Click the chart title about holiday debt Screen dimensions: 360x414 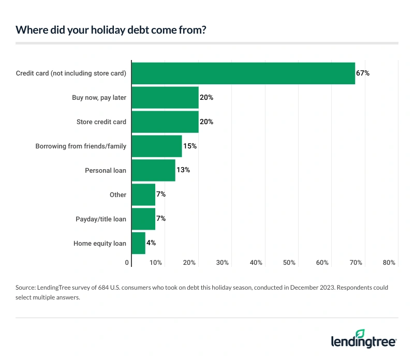pyautogui.click(x=111, y=29)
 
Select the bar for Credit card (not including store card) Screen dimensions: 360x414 pyautogui.click(x=243, y=73)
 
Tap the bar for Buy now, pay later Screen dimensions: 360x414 pyautogui.click(x=165, y=97)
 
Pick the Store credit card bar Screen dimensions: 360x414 pyautogui.click(x=165, y=122)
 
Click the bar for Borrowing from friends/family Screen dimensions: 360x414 pyautogui.click(x=157, y=146)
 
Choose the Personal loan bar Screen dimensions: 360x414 pyautogui.click(x=153, y=170)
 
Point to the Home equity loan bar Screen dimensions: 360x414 pyautogui.click(x=138, y=243)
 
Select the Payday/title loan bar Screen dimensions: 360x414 pyautogui.click(x=143, y=219)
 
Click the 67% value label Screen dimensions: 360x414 pyautogui.click(x=363, y=73)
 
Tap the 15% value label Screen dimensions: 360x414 pyautogui.click(x=190, y=146)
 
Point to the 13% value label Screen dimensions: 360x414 pyautogui.click(x=183, y=170)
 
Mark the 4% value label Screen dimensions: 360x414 pyautogui.click(x=151, y=243)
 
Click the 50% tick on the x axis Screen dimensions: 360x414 pyautogui.click(x=289, y=263)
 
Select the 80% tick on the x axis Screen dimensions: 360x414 pyautogui.click(x=389, y=263)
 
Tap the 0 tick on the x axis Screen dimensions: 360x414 pyautogui.click(x=127, y=263)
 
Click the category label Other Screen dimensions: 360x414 pyautogui.click(x=118, y=194)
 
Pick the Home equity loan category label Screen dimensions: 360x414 pyautogui.click(x=100, y=243)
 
